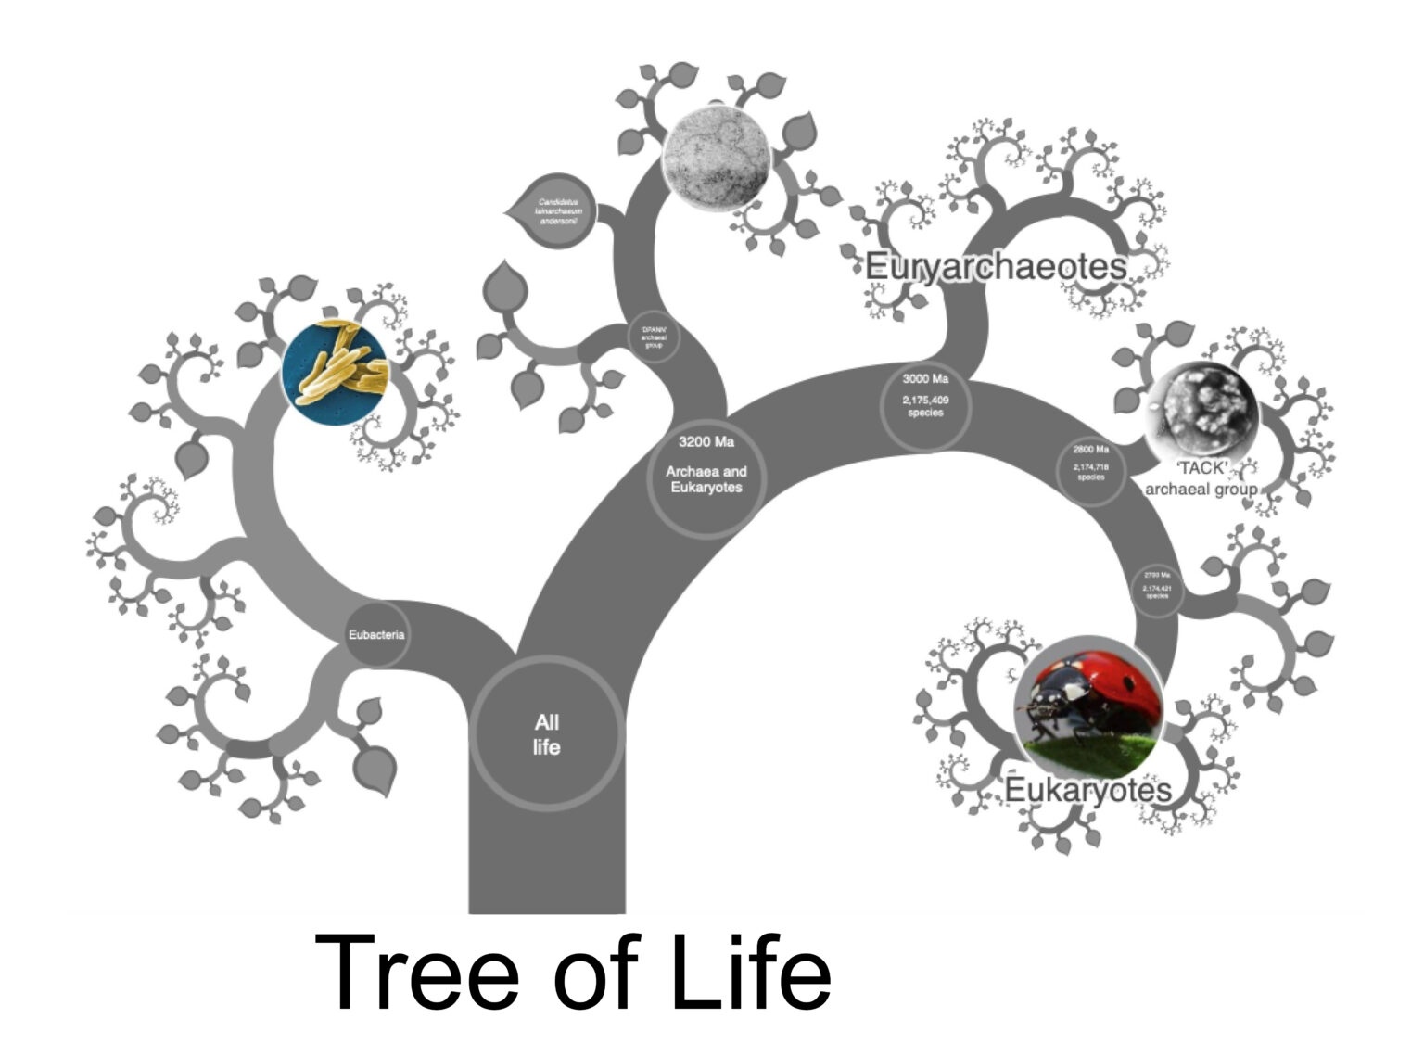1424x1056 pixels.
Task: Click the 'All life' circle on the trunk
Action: click(546, 734)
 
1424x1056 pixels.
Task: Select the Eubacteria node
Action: click(376, 635)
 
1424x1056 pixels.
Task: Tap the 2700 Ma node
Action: click(1157, 590)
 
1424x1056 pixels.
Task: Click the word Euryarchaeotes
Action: click(996, 267)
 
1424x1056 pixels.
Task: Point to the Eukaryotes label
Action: click(1088, 791)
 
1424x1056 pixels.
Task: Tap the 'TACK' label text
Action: click(1201, 468)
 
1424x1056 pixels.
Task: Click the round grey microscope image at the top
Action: click(717, 156)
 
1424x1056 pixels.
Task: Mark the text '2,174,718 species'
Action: click(1091, 473)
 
